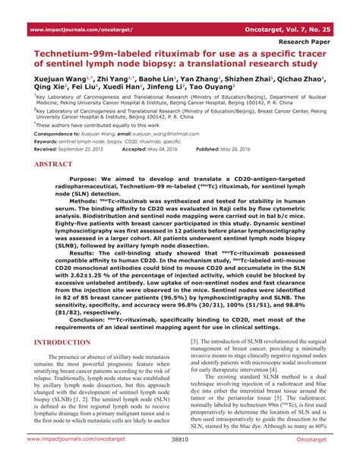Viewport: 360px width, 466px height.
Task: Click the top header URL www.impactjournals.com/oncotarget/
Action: [81, 29]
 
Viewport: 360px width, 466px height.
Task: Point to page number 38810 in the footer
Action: [180, 461]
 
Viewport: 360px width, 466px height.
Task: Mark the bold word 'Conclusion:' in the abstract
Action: [91, 321]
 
